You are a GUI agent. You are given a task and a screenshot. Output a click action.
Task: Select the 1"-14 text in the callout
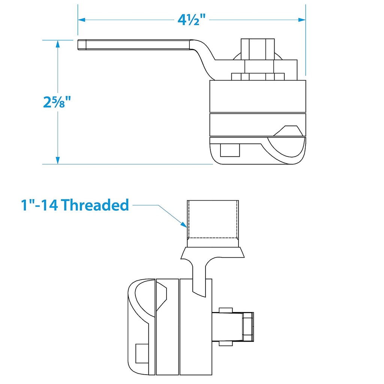pyautogui.click(x=39, y=205)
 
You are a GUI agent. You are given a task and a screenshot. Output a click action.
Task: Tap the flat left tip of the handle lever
pyautogui.click(x=80, y=45)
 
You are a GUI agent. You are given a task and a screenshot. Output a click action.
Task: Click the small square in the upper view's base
pyautogui.click(x=229, y=150)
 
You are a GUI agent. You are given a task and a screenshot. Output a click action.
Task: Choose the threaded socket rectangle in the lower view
pyautogui.click(x=213, y=219)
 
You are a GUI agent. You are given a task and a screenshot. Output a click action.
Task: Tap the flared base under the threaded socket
pyautogui.click(x=213, y=252)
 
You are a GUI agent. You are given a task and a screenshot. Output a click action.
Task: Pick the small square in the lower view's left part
pyautogui.click(x=141, y=353)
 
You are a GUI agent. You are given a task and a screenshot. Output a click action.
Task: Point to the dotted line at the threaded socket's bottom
pyautogui.click(x=213, y=238)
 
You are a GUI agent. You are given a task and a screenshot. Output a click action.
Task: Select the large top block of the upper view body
pyautogui.click(x=258, y=96)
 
